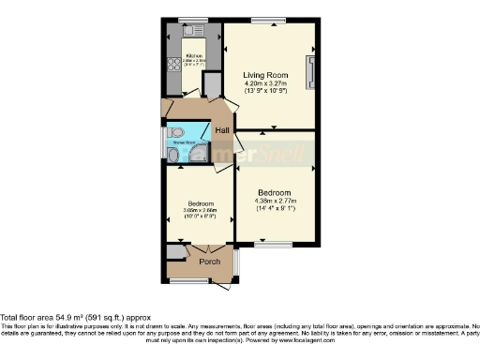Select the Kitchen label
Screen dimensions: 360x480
point(195,57)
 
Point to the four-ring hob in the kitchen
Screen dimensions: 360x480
point(174,64)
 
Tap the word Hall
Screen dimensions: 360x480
point(223,131)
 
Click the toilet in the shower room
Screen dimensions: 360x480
point(172,156)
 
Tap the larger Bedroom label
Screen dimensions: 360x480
point(275,191)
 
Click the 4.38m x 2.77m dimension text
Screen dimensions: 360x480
point(275,201)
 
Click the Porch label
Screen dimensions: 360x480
point(211,262)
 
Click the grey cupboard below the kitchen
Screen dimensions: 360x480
point(210,86)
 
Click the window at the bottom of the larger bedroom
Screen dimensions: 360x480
point(274,246)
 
